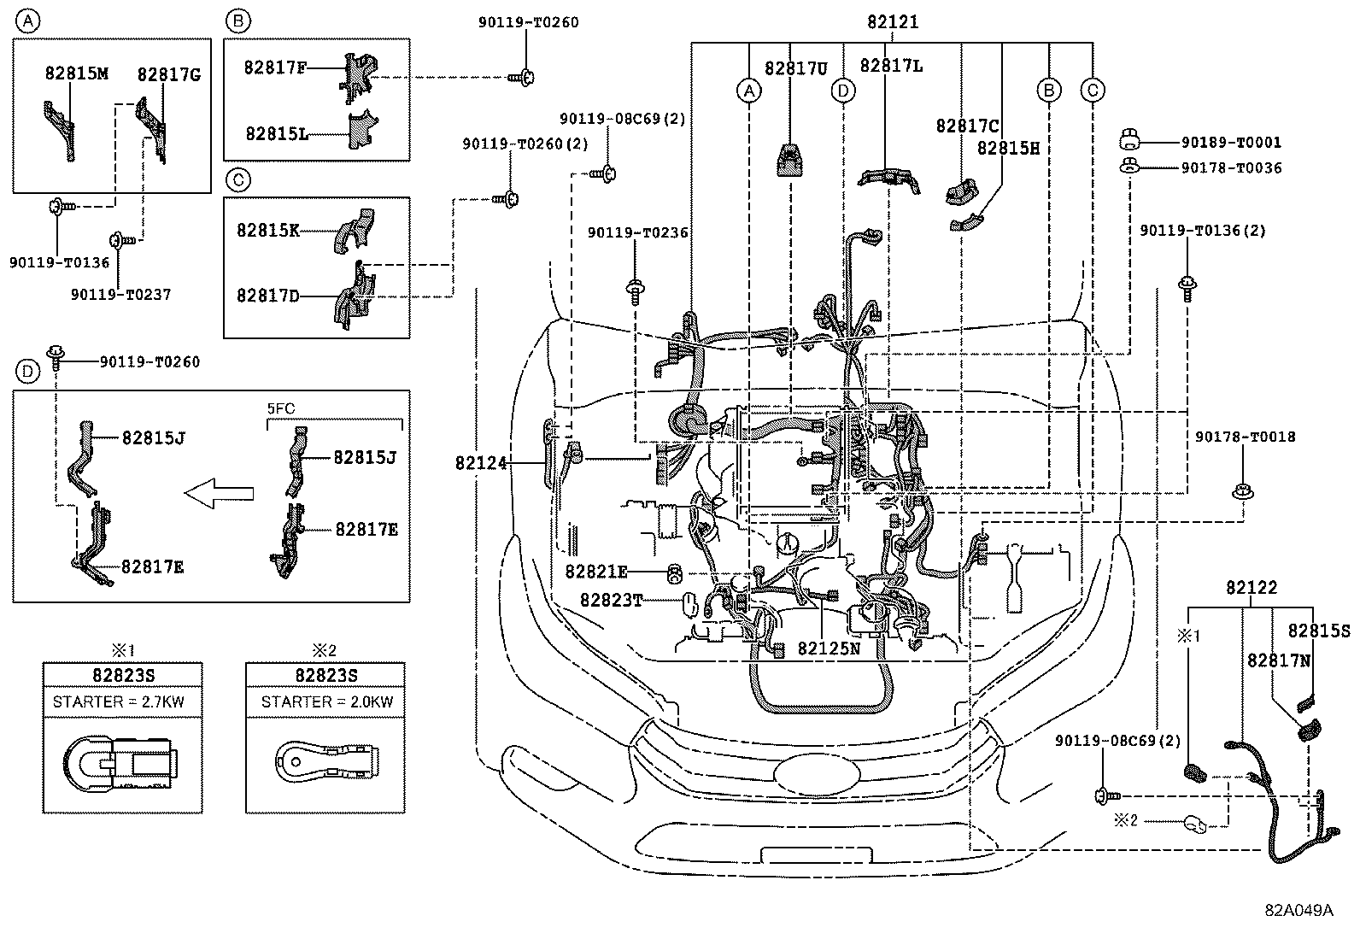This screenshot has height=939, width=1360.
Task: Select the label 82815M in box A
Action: (x=77, y=74)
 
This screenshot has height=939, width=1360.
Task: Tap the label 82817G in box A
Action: (x=169, y=75)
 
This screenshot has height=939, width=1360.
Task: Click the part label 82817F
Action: (x=275, y=67)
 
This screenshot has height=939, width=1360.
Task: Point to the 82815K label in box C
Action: (x=268, y=230)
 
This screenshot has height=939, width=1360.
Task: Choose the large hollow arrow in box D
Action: (x=220, y=493)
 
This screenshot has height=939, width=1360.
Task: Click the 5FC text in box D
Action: (x=281, y=409)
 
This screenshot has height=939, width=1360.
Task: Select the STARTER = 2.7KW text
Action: (x=119, y=702)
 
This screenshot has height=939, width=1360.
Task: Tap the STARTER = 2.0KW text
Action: (x=327, y=702)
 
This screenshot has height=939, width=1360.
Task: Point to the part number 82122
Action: (x=1252, y=588)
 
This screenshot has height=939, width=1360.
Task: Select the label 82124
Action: (x=481, y=463)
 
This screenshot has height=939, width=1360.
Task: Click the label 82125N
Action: (x=829, y=648)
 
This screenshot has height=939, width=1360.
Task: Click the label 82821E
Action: (x=596, y=570)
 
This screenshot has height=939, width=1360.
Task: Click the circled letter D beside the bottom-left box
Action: (x=28, y=371)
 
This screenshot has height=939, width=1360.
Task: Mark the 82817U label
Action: (x=795, y=68)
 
